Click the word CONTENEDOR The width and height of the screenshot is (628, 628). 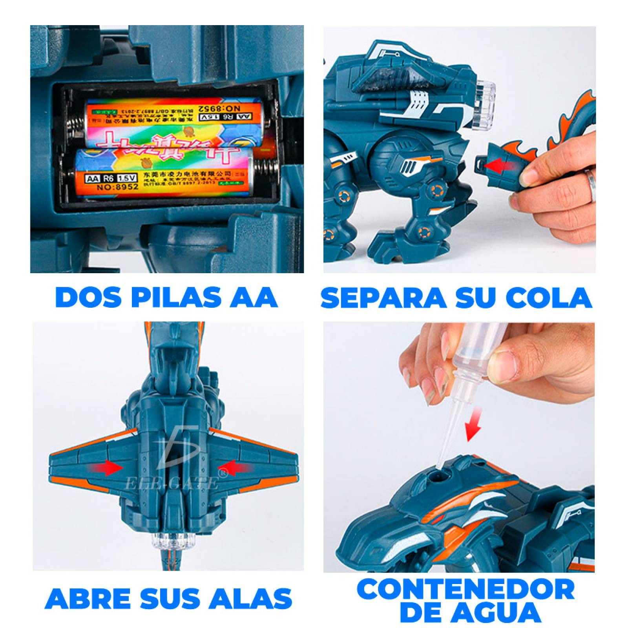[x=466, y=590]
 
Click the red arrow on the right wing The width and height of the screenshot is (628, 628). [x=235, y=468]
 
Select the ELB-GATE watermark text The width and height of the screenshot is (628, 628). [x=172, y=484]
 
